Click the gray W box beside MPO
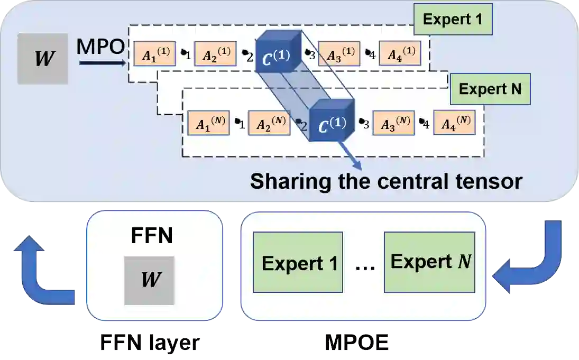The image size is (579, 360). [42, 59]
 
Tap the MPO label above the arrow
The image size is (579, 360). [100, 47]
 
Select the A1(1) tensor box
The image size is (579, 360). [154, 55]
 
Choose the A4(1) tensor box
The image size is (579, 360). [400, 54]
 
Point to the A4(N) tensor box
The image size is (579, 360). [453, 123]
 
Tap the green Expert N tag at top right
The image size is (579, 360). [490, 89]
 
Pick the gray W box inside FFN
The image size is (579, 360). [149, 280]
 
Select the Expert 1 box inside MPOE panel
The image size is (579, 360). [298, 263]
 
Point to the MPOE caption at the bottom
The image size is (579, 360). [357, 344]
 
